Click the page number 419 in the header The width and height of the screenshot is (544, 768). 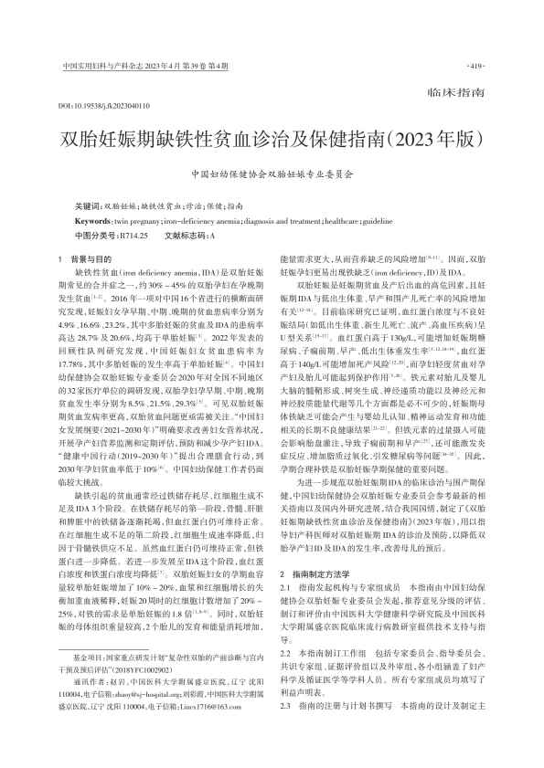pyautogui.click(x=475, y=67)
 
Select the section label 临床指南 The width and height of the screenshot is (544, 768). pyautogui.click(x=453, y=94)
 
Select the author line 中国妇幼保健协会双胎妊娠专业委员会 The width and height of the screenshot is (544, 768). pyautogui.click(x=271, y=173)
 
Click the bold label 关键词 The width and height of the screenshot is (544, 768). pyautogui.click(x=89, y=206)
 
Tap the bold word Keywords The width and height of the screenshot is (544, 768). pyautogui.click(x=93, y=220)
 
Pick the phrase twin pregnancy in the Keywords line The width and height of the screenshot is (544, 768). pyautogui.click(x=136, y=220)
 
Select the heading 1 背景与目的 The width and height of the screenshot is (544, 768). pyautogui.click(x=88, y=259)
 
